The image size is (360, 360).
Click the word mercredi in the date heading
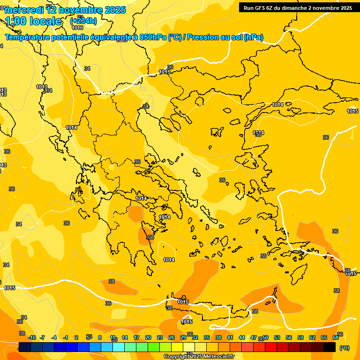point(22,10)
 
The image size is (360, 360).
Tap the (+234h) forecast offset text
point(83,21)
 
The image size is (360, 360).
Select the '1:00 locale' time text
point(34,21)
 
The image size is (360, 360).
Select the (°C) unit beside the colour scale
point(345,348)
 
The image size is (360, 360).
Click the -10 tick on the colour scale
point(32,337)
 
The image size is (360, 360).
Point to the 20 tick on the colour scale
point(148,337)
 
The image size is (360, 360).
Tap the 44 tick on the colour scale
point(242,337)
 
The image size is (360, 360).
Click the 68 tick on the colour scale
point(336,337)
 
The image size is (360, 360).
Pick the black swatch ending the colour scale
point(330,347)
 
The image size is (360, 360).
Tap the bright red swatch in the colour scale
point(271,347)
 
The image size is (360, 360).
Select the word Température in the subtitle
point(29,37)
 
